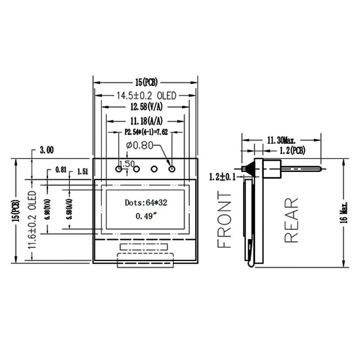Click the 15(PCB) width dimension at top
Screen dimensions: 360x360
click(145, 82)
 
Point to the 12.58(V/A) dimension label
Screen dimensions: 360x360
click(146, 107)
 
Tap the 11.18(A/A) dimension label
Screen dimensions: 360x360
click(146, 121)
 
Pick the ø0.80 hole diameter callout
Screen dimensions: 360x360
click(140, 145)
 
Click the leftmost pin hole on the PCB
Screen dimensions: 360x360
click(119, 168)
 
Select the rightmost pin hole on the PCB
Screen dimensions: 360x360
click(171, 168)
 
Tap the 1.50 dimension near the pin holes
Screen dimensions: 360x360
click(127, 164)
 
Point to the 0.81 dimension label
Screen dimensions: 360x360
click(61, 171)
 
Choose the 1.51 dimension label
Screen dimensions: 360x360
click(83, 171)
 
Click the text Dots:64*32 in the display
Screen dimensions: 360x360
click(146, 203)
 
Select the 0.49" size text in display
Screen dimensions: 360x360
click(146, 216)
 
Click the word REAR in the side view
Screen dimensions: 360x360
click(292, 220)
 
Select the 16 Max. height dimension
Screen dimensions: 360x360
click(344, 211)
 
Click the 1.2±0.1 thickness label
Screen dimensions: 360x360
click(222, 177)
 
